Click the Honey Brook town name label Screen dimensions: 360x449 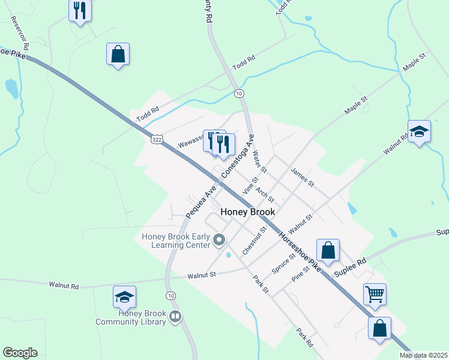[x=248, y=212]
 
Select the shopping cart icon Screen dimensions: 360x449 [x=375, y=294]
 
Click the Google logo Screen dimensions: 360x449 [x=20, y=353]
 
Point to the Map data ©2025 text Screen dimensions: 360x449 [x=423, y=355]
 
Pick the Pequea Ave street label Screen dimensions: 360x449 [x=200, y=200]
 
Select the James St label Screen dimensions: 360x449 [x=302, y=177]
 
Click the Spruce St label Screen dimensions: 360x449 [x=283, y=263]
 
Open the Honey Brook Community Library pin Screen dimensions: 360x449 [x=175, y=316]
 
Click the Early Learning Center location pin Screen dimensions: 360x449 [x=219, y=241]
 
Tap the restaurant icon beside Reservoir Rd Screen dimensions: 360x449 [x=80, y=10]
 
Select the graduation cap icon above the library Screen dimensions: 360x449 [x=124, y=296]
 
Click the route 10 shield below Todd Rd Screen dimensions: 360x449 [x=239, y=94]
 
